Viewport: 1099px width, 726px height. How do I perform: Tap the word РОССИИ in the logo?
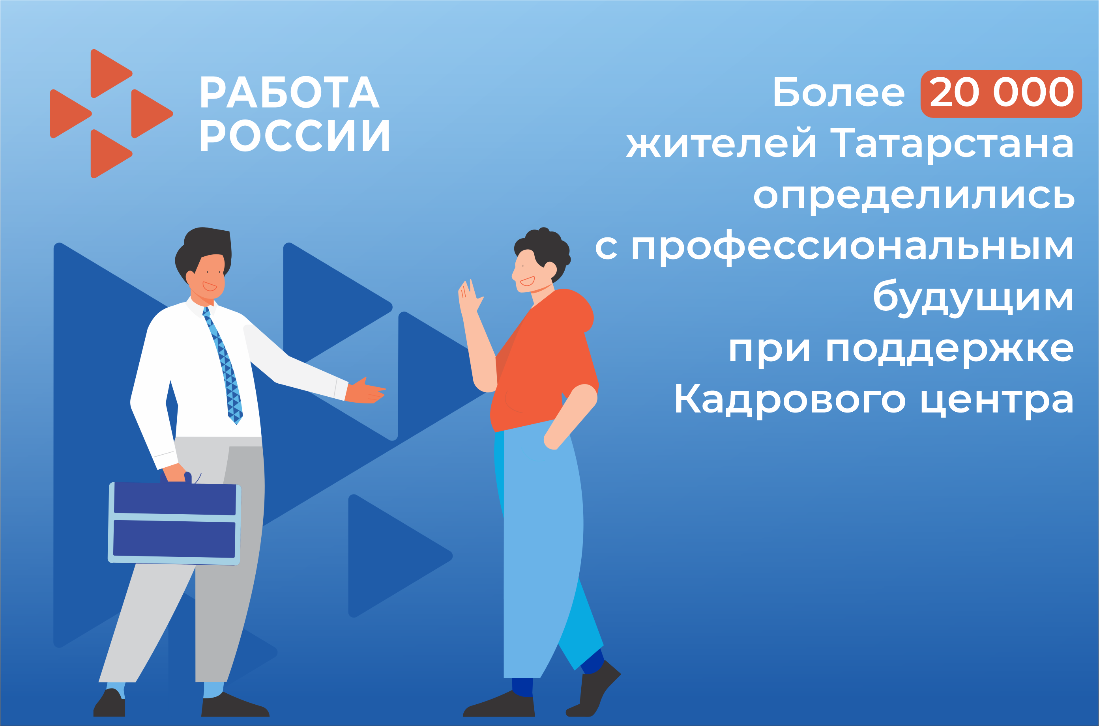click(295, 135)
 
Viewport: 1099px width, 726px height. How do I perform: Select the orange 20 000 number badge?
click(1001, 93)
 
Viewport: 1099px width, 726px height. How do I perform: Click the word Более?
click(839, 92)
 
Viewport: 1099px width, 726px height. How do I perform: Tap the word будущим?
click(972, 299)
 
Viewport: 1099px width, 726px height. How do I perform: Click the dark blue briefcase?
click(175, 524)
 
